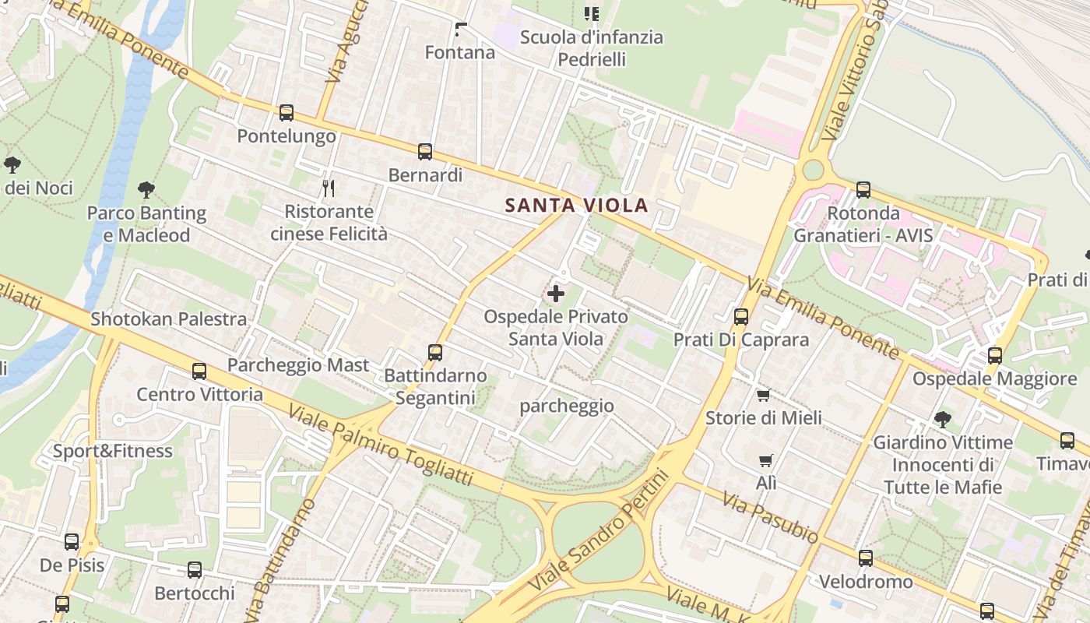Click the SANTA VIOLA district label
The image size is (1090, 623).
pos(576,206)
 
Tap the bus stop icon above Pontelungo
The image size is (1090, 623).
pos(287,113)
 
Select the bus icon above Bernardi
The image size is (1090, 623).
pos(425,152)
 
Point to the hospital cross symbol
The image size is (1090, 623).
pos(556,294)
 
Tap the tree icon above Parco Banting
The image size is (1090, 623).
pos(146,189)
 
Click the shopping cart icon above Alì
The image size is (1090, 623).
pos(766,460)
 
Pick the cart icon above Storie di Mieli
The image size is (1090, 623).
pos(763,395)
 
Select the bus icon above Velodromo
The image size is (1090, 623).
pos(866,558)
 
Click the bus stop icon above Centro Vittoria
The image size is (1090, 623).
pos(199,371)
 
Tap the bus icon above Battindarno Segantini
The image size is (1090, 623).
pos(435,353)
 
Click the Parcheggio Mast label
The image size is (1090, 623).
pos(298,365)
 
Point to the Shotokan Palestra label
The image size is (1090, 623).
pos(169,319)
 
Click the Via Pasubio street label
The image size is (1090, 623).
pos(770,517)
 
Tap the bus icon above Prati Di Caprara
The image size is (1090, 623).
pos(741,317)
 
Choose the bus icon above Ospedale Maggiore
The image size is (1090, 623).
pos(995,356)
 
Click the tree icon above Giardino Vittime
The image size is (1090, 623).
pos(943,420)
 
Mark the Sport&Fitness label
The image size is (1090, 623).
pos(113,451)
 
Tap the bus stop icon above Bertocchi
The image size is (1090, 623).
pos(195,570)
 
